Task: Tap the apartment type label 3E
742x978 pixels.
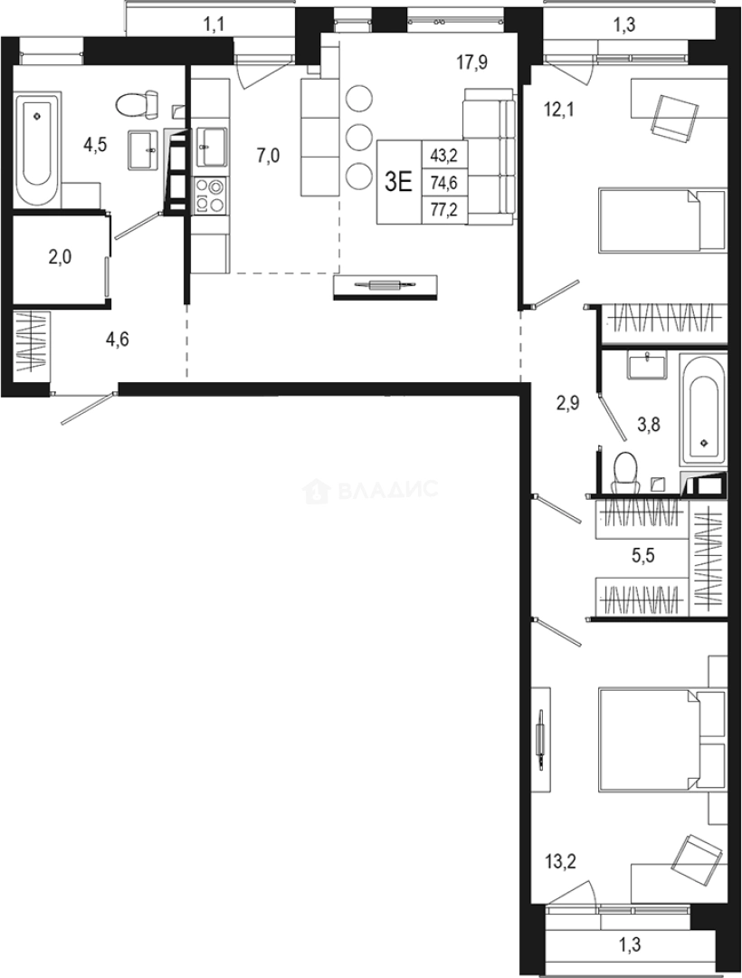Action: coord(398,181)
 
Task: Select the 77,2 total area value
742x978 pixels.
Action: coord(445,210)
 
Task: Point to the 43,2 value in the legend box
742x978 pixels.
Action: coord(445,155)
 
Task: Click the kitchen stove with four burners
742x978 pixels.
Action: coord(211,195)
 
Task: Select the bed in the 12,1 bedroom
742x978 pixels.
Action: coord(662,220)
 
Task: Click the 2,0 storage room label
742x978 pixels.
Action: coord(60,257)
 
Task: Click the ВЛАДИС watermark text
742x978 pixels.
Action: coord(387,491)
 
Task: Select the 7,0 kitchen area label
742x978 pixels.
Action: coord(268,156)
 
